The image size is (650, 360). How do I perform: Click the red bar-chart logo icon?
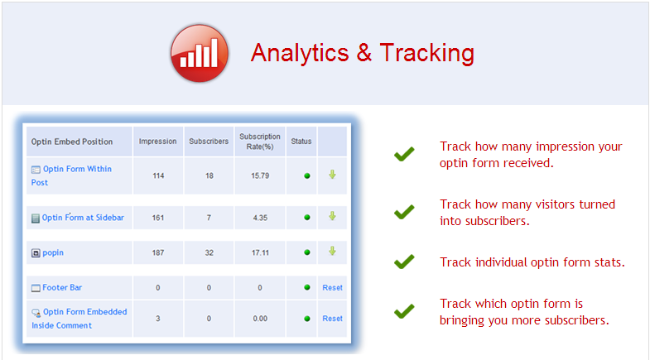click(200, 53)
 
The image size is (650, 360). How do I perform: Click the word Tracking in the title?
click(427, 54)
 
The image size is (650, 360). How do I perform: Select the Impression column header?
click(157, 142)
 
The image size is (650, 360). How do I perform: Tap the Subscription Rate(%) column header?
click(260, 142)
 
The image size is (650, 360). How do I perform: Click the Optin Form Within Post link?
click(71, 175)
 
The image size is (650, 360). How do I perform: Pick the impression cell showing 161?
click(158, 218)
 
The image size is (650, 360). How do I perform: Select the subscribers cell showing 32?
click(209, 252)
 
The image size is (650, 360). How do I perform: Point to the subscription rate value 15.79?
click(260, 175)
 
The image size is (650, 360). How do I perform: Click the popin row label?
click(53, 252)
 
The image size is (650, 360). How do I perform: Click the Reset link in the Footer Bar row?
click(333, 287)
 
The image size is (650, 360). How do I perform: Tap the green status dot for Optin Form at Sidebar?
click(307, 218)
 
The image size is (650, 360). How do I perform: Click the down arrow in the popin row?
click(333, 251)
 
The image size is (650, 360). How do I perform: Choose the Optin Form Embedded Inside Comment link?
click(79, 319)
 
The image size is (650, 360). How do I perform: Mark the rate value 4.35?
click(260, 218)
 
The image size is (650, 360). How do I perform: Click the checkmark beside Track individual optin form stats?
click(404, 262)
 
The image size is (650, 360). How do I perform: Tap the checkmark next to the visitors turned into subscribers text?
click(404, 212)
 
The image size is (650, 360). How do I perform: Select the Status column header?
click(301, 142)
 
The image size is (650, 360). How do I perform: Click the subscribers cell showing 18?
click(209, 175)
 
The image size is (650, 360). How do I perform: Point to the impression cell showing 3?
click(158, 319)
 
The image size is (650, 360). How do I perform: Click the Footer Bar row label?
click(62, 287)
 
